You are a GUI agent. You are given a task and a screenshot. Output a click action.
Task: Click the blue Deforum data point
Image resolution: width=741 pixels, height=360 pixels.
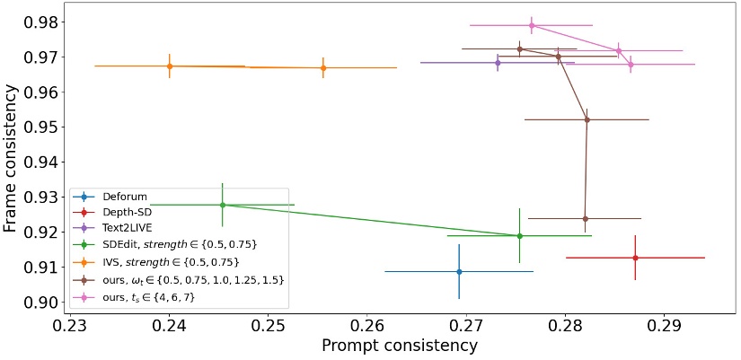pos(459,271)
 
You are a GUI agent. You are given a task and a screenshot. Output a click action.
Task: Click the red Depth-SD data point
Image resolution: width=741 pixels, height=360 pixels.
pos(635,258)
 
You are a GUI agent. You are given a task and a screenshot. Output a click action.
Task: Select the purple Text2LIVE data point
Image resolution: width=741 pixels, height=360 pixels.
pos(498,63)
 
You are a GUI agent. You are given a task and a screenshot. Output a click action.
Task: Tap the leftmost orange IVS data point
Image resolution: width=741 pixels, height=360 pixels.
pos(170,66)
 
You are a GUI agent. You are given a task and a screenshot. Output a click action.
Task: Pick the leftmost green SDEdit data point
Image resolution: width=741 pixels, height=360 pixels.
pos(223,205)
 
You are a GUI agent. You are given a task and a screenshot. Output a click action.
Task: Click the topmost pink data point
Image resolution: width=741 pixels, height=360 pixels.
pos(532,25)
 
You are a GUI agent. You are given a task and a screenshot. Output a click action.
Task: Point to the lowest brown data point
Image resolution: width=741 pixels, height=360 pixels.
pos(585,218)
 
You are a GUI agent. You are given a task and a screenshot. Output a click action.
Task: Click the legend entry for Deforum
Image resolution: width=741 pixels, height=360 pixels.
pos(126,197)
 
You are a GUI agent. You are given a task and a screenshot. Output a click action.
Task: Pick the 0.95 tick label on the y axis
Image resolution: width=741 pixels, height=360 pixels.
pos(42,127)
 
